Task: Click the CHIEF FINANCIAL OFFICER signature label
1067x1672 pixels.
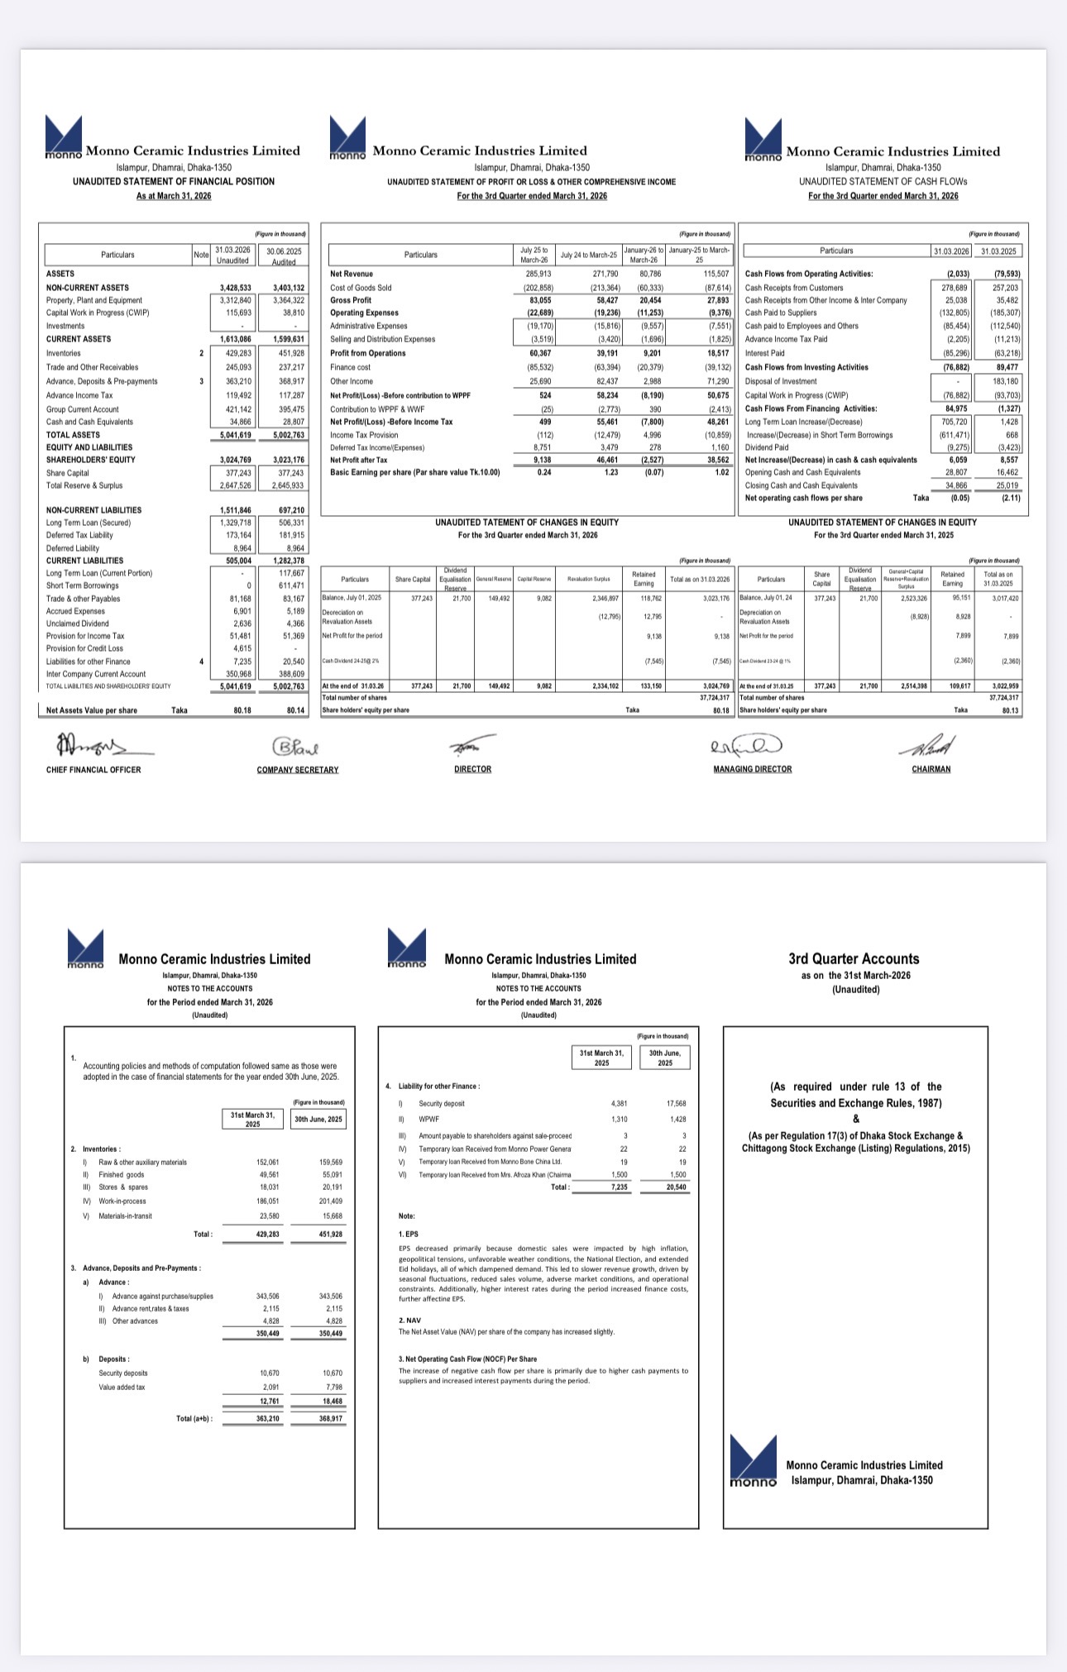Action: point(93,770)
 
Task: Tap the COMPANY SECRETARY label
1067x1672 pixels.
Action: point(298,770)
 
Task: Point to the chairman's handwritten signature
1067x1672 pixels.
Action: point(931,746)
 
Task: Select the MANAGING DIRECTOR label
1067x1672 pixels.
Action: point(752,769)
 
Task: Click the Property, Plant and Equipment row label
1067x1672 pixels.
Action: point(94,300)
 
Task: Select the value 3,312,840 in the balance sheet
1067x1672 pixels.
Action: point(232,300)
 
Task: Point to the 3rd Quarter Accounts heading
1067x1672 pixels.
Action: point(854,959)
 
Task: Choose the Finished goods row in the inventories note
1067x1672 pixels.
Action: point(122,1174)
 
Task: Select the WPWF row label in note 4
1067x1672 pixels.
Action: point(428,1119)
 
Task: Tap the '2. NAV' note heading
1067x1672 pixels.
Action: point(410,1320)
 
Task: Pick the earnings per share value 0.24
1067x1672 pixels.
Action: point(543,472)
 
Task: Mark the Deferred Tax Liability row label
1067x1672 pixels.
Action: point(79,535)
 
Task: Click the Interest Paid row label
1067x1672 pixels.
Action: point(765,353)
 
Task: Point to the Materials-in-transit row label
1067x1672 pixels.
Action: point(126,1216)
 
